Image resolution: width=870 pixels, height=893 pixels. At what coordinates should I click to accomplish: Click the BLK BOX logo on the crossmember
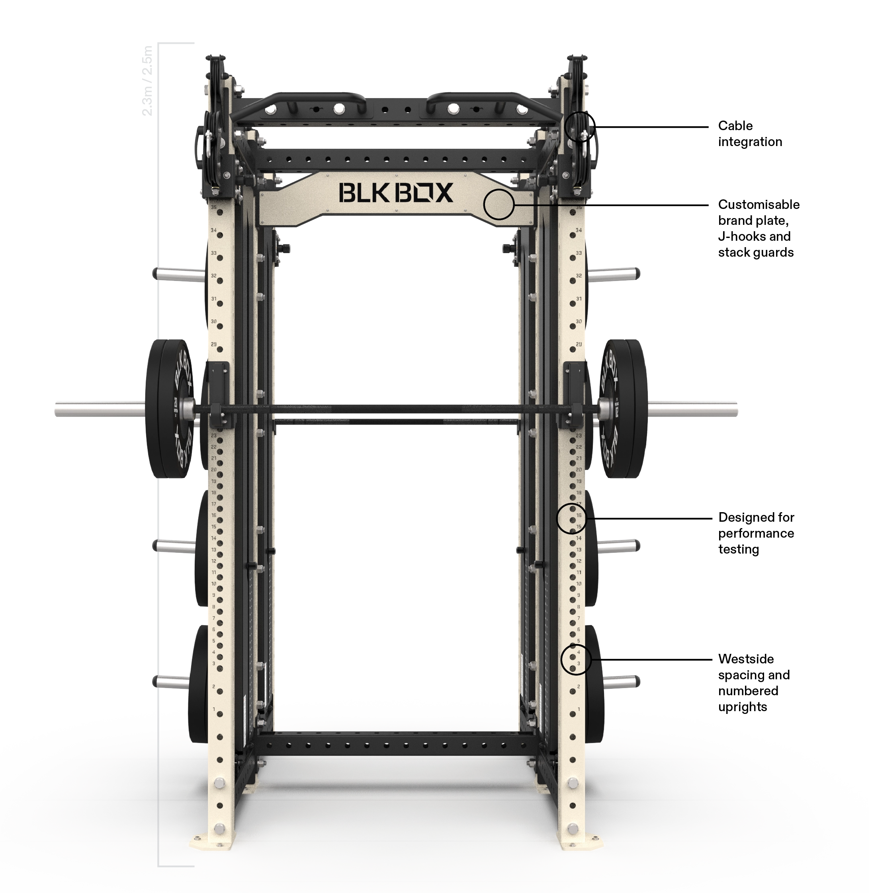pyautogui.click(x=396, y=192)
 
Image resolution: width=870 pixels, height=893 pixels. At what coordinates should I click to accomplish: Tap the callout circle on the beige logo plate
pyautogui.click(x=499, y=204)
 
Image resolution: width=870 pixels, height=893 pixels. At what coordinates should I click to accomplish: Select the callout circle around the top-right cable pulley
pyautogui.click(x=580, y=126)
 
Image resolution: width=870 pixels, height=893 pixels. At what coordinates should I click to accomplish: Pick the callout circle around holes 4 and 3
pyautogui.click(x=576, y=658)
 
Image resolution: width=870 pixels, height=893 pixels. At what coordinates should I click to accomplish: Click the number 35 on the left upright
pyautogui.click(x=213, y=207)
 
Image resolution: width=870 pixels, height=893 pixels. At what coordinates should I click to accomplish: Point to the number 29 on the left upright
pyautogui.click(x=213, y=344)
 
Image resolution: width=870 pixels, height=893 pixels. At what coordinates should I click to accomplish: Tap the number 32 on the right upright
pyautogui.click(x=579, y=276)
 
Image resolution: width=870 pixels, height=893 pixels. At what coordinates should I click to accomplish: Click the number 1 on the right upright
pyautogui.click(x=579, y=710)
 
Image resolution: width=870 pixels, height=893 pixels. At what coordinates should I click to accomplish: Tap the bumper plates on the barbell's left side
pyautogui.click(x=169, y=408)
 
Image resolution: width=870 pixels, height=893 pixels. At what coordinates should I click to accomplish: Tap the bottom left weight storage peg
pyautogui.click(x=171, y=682)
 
